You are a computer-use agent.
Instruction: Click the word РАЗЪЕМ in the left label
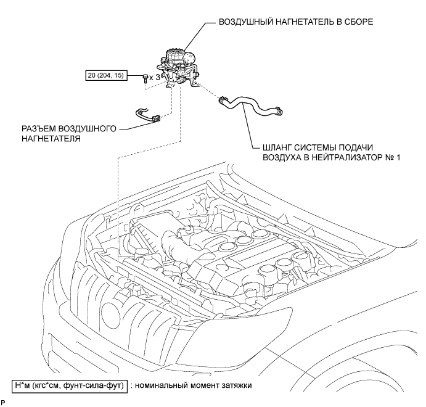click(x=38, y=129)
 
